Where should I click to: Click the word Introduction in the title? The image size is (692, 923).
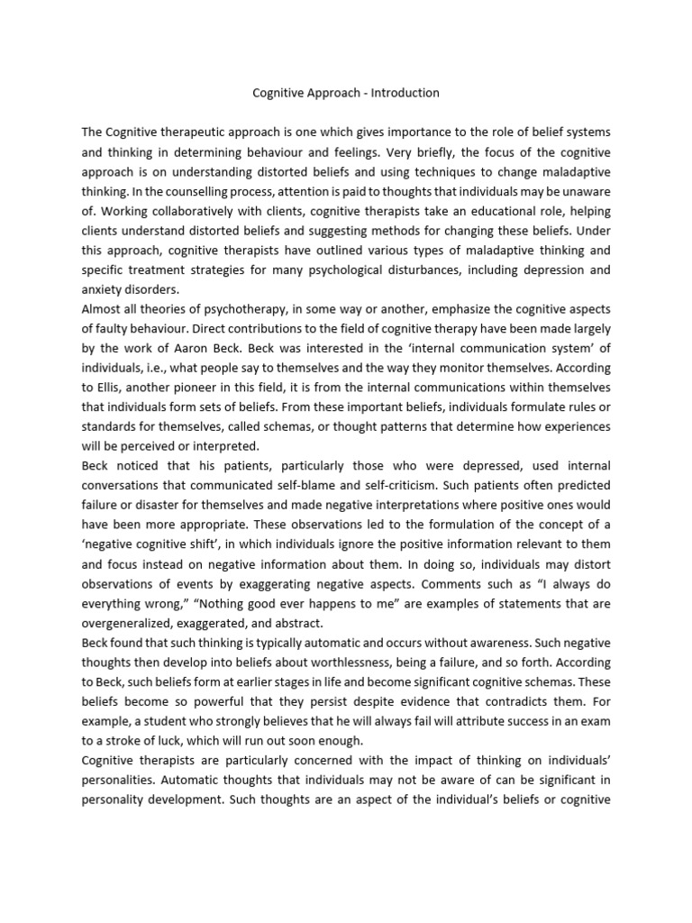click(402, 92)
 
